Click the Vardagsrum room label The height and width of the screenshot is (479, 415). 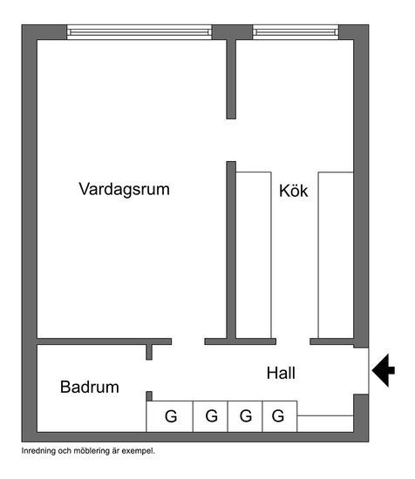124,189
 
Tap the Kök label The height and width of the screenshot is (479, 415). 293,191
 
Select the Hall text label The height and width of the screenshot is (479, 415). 281,373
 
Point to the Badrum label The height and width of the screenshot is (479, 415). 90,387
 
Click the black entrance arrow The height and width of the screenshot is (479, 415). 384,370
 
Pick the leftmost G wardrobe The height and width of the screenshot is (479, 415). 169,416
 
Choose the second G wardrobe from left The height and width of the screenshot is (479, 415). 210,416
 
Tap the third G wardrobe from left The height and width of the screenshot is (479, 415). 245,416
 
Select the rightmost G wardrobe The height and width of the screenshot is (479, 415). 280,416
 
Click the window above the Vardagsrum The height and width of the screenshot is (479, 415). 139,32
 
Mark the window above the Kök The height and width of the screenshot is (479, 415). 296,32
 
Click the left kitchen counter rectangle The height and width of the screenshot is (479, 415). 254,255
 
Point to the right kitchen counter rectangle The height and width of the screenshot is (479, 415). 336,255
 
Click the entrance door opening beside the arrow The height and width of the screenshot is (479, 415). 361,371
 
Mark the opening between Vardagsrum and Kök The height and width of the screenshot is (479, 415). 231,140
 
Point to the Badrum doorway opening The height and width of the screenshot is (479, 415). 149,375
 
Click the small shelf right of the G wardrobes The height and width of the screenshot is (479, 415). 325,424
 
